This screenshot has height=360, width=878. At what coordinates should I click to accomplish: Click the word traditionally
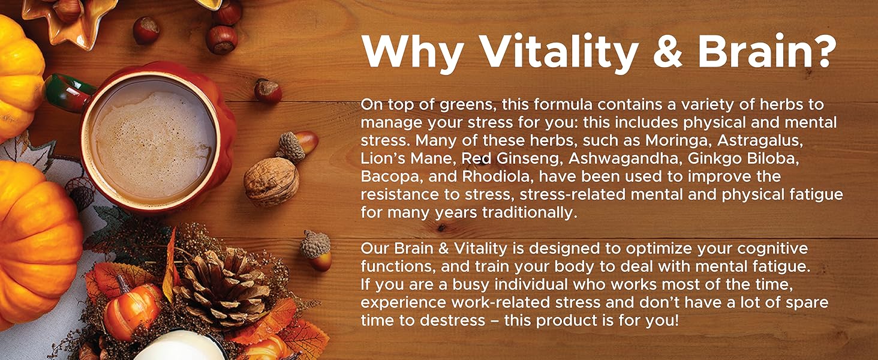(530, 213)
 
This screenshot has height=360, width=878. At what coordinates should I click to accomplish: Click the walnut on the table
(271, 182)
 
